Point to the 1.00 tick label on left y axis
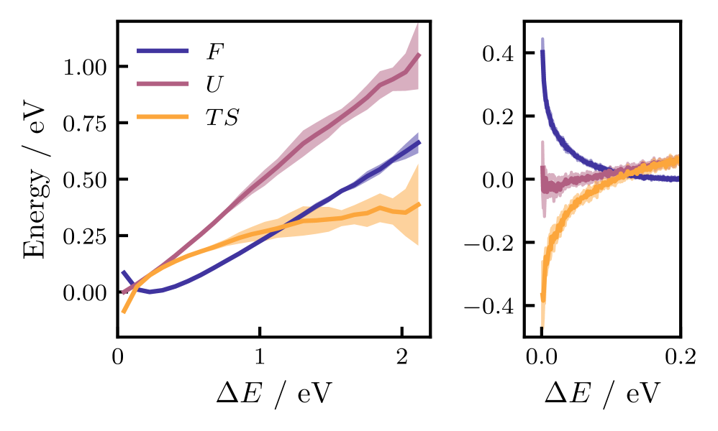[85, 67]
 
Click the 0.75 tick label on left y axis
[85, 124]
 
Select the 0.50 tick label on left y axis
[85, 180]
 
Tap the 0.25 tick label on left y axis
[85, 236]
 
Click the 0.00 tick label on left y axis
[85, 292]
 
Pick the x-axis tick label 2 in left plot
[401, 356]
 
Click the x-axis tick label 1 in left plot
[260, 356]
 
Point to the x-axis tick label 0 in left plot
[118, 356]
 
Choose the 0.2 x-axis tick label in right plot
[680, 356]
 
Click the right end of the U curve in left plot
[419, 55]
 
